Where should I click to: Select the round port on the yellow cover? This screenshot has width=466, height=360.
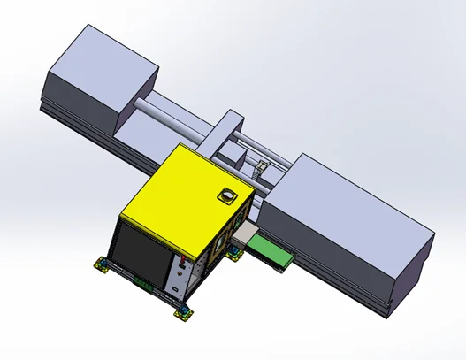coord(228,195)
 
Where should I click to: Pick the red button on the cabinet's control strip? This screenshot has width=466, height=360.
coord(181,262)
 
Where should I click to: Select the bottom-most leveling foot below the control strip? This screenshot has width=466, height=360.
coord(182,311)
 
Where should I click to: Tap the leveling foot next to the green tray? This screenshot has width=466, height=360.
coord(234,254)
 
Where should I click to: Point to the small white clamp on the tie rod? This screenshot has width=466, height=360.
coord(261,166)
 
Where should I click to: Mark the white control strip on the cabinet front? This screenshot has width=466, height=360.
coord(180,274)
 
